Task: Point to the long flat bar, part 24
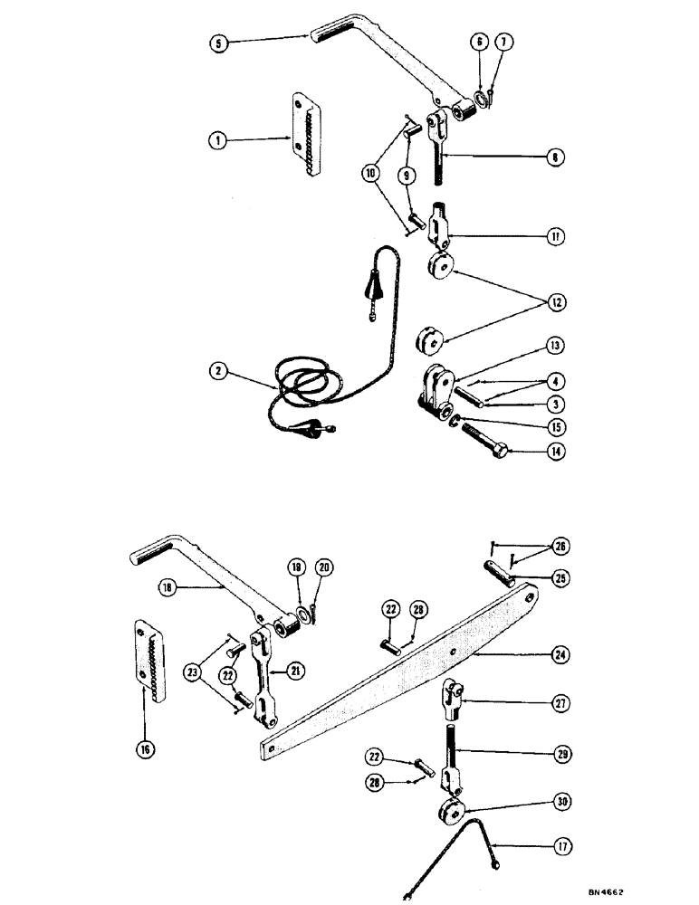click(x=398, y=671)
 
